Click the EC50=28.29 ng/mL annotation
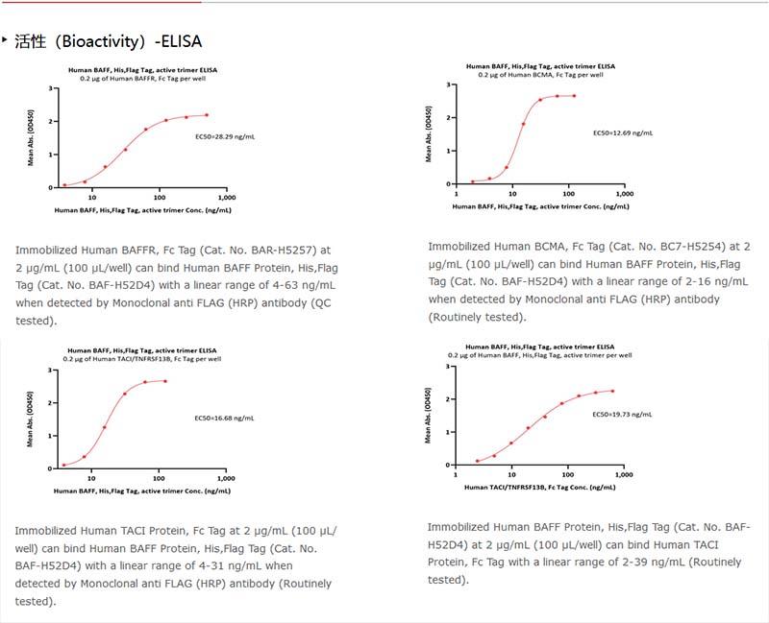point(225,137)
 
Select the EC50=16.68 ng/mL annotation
point(224,419)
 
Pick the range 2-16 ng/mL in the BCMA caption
point(701,281)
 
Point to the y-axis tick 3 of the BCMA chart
point(448,85)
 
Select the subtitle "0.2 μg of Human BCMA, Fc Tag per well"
point(541,74)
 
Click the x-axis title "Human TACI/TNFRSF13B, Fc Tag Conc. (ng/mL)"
point(541,488)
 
